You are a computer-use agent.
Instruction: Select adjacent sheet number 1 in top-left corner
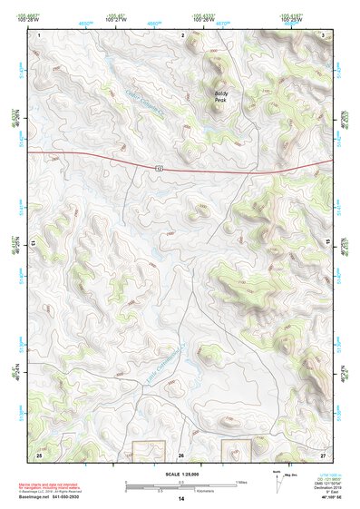[x=40, y=34]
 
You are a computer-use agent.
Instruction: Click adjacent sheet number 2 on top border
[x=182, y=34]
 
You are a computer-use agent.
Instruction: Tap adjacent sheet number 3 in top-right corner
[x=324, y=34]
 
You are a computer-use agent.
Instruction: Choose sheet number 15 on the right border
[x=328, y=243]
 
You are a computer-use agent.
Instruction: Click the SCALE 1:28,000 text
[x=180, y=473]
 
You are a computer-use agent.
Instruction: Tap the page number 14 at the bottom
[x=181, y=499]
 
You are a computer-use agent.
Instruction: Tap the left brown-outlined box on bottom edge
[x=150, y=450]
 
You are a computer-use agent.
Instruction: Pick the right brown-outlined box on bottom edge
[x=238, y=450]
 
